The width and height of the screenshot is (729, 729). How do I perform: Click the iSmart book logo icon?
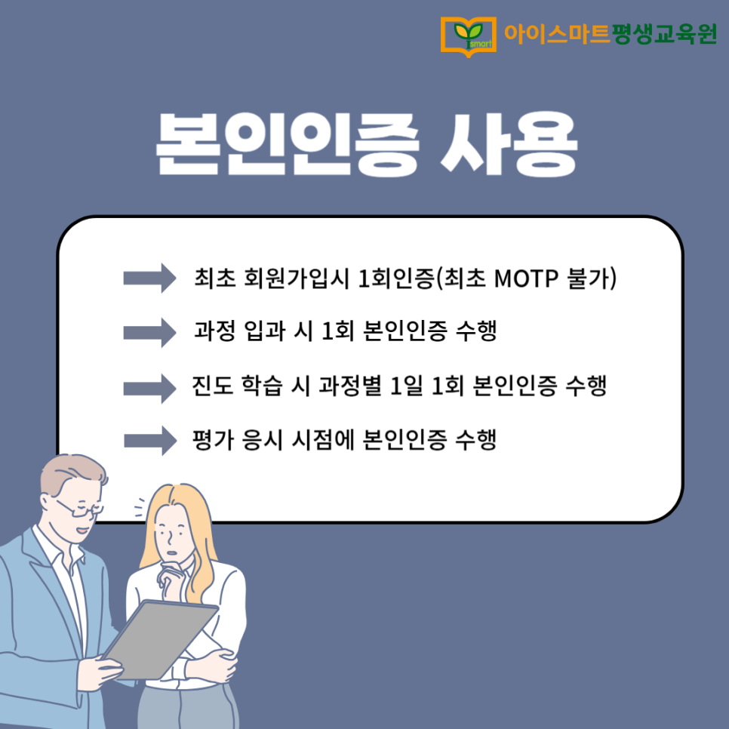(x=468, y=36)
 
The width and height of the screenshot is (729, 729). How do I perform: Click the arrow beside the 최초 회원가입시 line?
(x=149, y=278)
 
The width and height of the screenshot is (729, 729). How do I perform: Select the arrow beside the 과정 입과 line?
(x=149, y=332)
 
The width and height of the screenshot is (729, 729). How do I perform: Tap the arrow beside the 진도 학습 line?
(x=149, y=388)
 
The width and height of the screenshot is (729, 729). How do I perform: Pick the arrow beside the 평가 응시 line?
(x=150, y=440)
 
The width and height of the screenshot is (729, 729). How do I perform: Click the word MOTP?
(x=526, y=279)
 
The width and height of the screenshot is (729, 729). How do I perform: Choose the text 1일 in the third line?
(x=406, y=386)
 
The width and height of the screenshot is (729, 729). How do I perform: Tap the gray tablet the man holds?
(x=160, y=639)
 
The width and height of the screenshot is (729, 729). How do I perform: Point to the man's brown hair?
(x=73, y=474)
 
